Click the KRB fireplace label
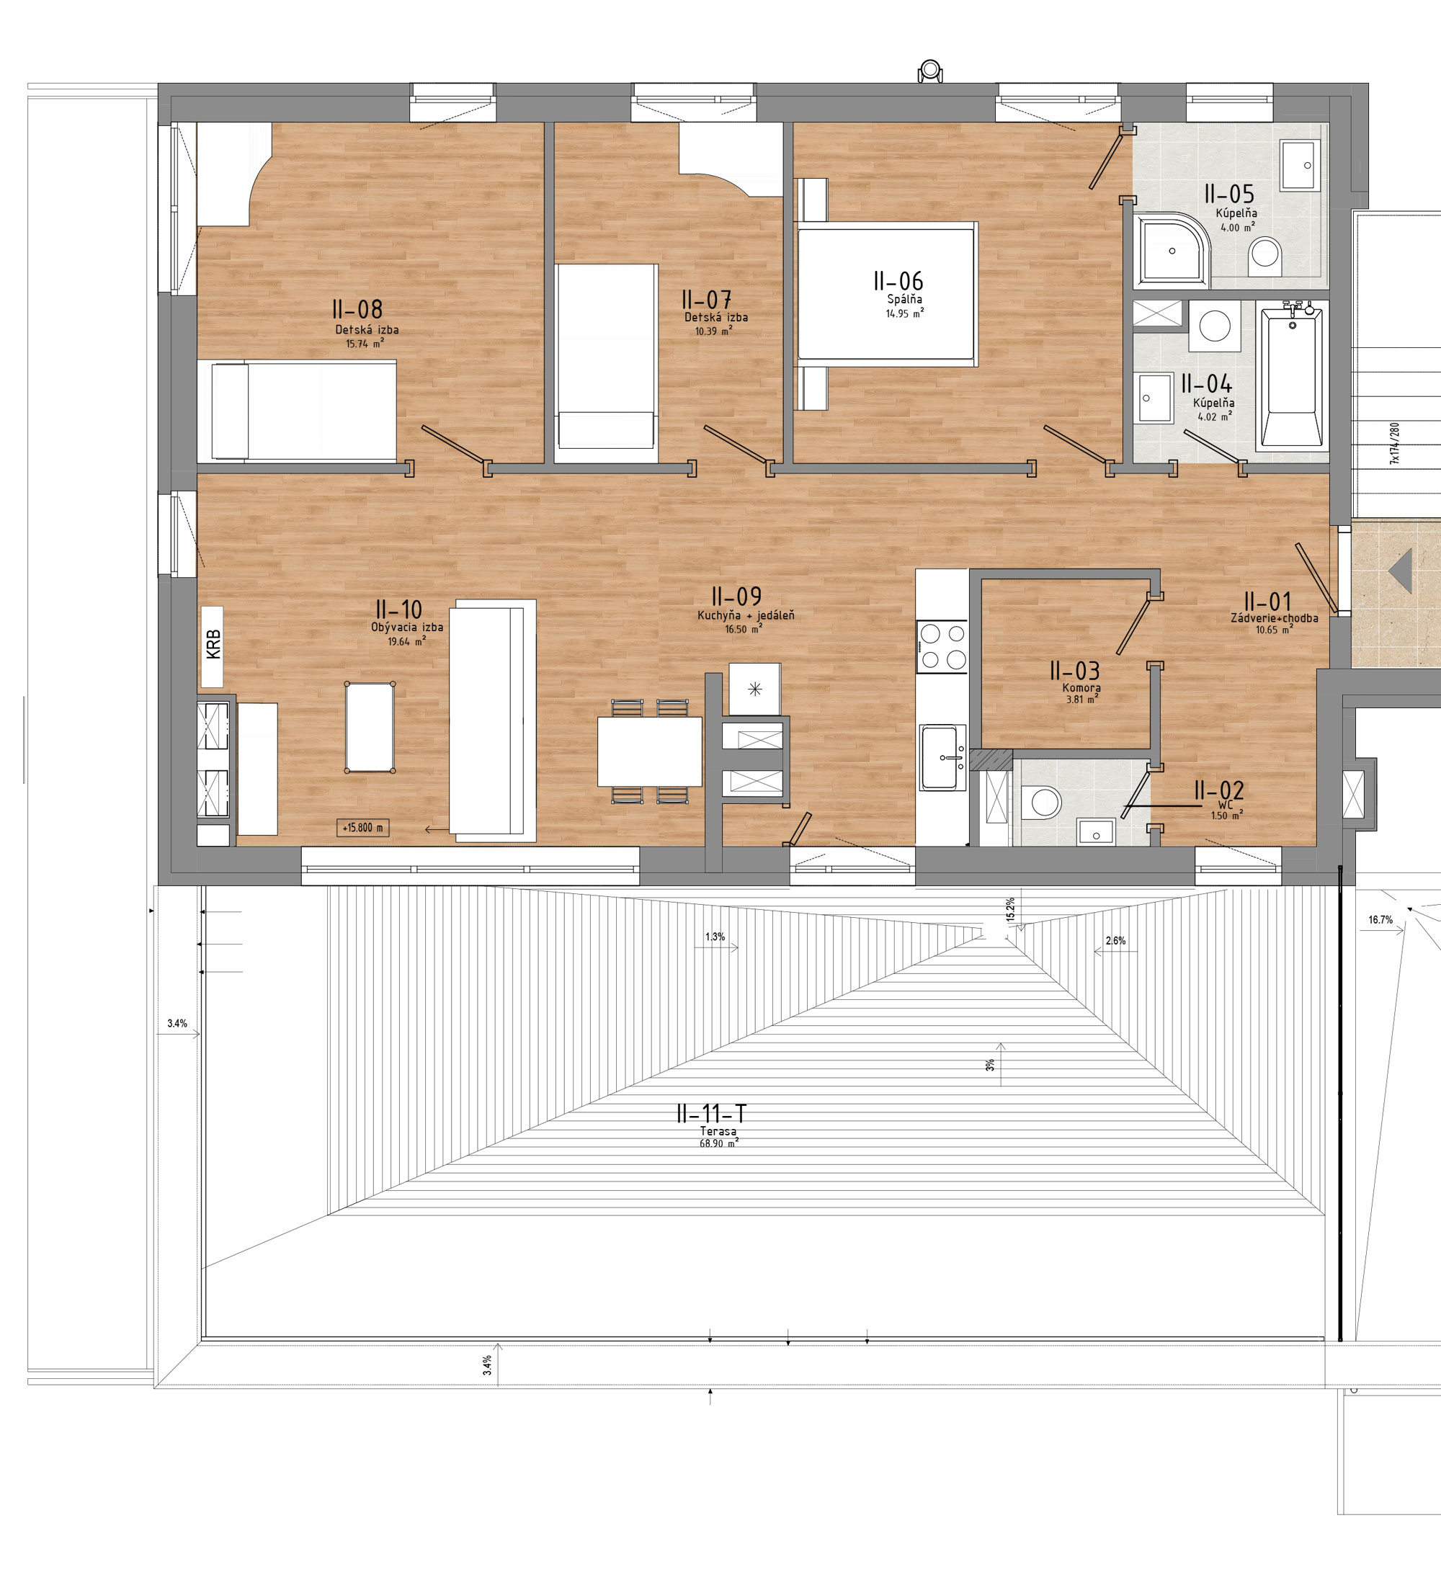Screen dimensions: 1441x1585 click(x=213, y=644)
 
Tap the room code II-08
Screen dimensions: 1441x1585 click(x=357, y=309)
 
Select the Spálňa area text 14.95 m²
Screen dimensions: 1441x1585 click(x=905, y=313)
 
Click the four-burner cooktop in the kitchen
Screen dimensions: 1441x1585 click(x=942, y=646)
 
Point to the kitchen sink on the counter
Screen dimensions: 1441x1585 click(x=942, y=756)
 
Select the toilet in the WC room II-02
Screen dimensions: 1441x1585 click(x=1043, y=802)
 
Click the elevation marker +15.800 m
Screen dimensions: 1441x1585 click(x=362, y=828)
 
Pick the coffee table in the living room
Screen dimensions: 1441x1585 click(x=370, y=727)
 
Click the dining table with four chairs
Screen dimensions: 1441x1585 click(x=649, y=751)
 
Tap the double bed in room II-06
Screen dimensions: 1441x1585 click(x=887, y=293)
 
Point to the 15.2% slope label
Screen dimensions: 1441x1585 click(x=1010, y=909)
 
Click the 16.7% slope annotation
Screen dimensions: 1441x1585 click(x=1380, y=920)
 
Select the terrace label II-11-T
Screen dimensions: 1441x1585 click(x=711, y=1114)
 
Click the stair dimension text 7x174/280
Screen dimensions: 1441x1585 click(x=1395, y=443)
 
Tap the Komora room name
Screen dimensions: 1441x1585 click(x=1081, y=688)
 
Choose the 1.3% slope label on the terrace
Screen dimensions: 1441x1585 click(x=715, y=937)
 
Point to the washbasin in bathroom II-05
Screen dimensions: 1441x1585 click(x=1301, y=165)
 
